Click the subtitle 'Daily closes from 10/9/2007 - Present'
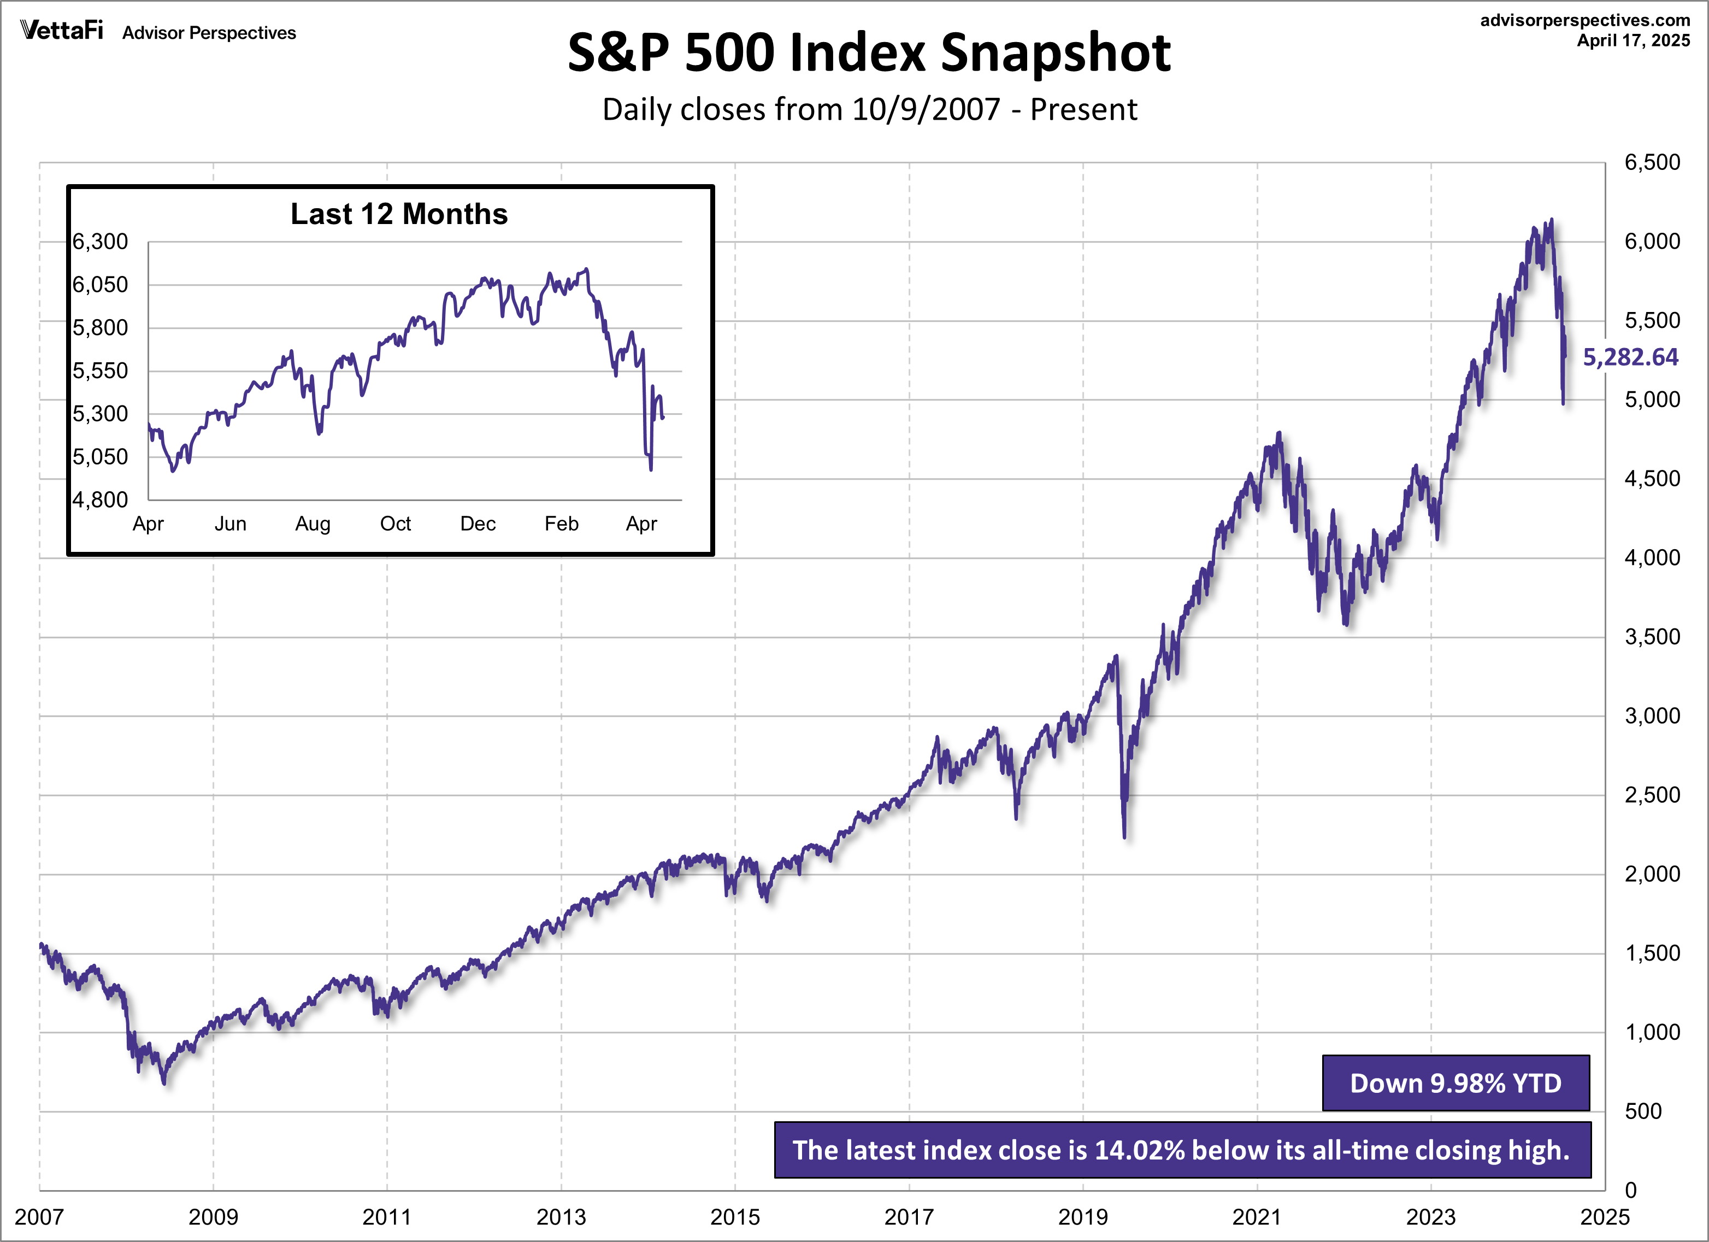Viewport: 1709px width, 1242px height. coord(869,110)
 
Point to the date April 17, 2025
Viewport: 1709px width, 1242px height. coord(1634,40)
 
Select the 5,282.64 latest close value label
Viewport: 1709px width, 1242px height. coord(1630,357)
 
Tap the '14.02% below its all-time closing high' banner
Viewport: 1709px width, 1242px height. coord(1182,1150)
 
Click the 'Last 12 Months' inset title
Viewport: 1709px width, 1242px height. coord(399,214)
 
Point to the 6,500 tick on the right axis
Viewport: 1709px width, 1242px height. coord(1652,163)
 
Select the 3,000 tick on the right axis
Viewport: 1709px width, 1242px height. coord(1652,716)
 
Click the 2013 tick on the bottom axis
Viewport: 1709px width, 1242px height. coord(561,1216)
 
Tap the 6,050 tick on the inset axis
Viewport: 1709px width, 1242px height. coord(100,285)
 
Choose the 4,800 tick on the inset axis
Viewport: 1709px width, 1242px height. coord(100,499)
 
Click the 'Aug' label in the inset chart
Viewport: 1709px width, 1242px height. coord(313,524)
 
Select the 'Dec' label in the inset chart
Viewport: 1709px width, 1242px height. coord(478,524)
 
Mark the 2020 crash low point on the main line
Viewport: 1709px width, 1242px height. coord(1124,837)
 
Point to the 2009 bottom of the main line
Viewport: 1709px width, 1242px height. coord(164,1083)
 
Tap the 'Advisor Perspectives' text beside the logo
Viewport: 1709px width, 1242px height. coord(209,33)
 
